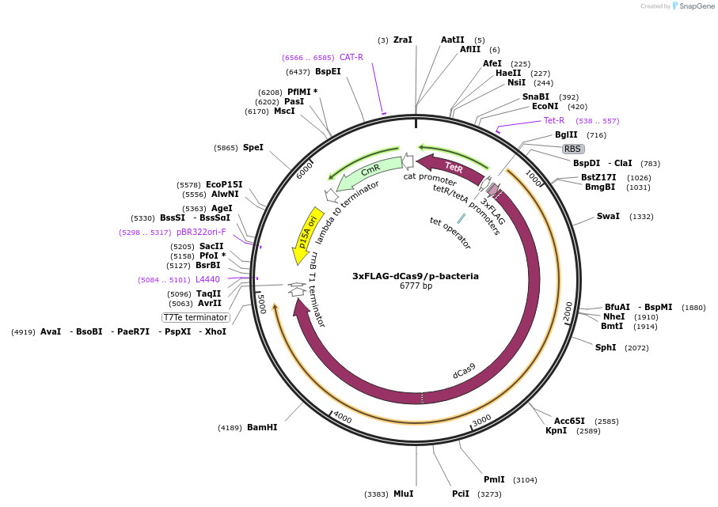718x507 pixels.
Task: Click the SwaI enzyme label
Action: coord(609,216)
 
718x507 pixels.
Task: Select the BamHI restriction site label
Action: coord(262,427)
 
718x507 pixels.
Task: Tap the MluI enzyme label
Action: coord(403,494)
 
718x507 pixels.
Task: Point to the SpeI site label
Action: coord(253,147)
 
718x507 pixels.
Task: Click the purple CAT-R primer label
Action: coord(351,57)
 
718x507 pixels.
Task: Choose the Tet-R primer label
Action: coord(554,120)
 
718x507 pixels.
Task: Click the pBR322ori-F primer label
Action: coord(201,232)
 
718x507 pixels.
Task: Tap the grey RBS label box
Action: coord(572,149)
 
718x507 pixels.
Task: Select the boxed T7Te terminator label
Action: coord(196,317)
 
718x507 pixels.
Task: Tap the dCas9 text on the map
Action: coord(465,370)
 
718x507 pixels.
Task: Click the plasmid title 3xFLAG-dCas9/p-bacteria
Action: coord(416,276)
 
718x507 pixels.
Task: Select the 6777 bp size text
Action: coord(416,286)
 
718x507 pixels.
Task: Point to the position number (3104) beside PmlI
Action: coord(525,479)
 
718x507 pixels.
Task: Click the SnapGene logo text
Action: coord(694,6)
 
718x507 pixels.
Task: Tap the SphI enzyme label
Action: coord(606,347)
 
